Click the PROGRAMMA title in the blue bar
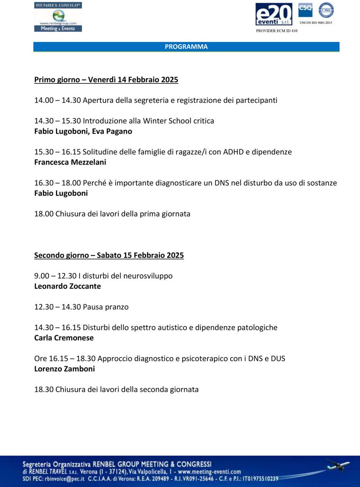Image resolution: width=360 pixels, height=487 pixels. [x=186, y=47]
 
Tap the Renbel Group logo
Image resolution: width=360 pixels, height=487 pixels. [x=58, y=17]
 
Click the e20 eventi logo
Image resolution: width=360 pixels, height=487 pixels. [x=274, y=14]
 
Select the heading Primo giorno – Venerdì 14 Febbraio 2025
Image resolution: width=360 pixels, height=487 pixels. [x=106, y=80]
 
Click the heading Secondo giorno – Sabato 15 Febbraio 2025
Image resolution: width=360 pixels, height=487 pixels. [x=109, y=255]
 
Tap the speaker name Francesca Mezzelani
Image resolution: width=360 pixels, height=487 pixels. [x=70, y=162]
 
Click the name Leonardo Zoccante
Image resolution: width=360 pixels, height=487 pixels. [x=68, y=286]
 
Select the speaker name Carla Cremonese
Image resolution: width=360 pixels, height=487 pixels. [x=64, y=338]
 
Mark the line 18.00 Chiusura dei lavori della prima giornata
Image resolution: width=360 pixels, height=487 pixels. [x=112, y=214]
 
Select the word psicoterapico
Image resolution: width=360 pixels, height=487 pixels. [x=190, y=359]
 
